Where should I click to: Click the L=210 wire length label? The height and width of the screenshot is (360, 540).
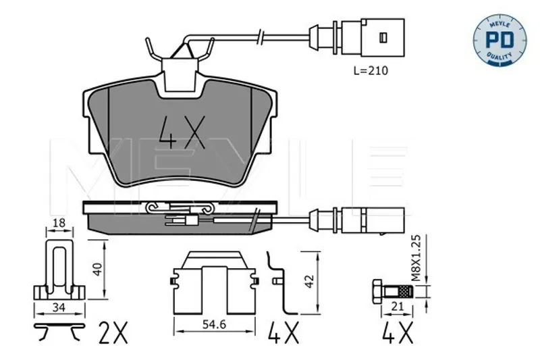pos(371,71)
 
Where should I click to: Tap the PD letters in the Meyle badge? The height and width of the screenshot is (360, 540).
pos(500,40)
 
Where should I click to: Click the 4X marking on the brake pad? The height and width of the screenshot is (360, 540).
pos(182,132)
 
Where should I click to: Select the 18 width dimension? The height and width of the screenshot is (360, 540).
pos(59,223)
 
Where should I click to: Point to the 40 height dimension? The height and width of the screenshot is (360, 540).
pos(98,269)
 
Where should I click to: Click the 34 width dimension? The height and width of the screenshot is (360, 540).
pos(59,307)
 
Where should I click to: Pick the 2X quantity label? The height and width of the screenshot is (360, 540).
pos(113,333)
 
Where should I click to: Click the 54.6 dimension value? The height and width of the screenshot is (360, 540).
pos(214,324)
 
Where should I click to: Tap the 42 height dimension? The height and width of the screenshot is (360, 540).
pos(310,281)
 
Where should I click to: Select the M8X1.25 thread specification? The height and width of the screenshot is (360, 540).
pos(416,258)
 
